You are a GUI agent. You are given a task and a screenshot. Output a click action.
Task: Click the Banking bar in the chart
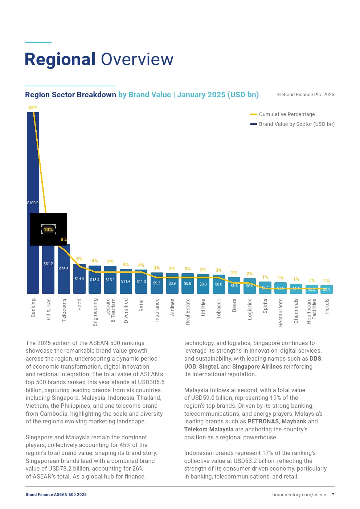click(x=33, y=163)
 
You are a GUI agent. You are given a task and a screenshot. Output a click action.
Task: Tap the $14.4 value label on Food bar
click(x=79, y=279)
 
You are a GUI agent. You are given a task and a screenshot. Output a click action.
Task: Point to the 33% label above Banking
click(x=33, y=108)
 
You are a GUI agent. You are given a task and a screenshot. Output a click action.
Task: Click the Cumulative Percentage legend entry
click(x=287, y=114)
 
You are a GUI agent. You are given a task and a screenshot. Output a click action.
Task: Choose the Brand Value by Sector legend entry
click(x=296, y=124)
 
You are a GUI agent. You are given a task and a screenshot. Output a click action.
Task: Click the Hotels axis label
click(x=327, y=306)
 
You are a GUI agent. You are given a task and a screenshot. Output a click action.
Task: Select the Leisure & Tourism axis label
click(x=110, y=311)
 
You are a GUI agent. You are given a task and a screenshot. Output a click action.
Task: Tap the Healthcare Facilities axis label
click(x=311, y=311)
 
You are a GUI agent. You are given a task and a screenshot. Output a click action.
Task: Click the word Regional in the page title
click(x=60, y=59)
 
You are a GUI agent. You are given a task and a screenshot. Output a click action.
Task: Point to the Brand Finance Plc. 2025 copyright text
click(x=306, y=95)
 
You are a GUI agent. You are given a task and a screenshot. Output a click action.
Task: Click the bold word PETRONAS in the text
click(x=263, y=422)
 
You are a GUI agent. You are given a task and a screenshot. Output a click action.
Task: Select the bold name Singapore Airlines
click(x=257, y=366)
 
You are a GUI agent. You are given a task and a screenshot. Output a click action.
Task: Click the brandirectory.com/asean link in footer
click(x=299, y=495)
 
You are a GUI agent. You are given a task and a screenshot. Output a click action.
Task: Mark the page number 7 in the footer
click(x=333, y=495)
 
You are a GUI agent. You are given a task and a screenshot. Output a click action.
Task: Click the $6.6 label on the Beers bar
click(x=234, y=286)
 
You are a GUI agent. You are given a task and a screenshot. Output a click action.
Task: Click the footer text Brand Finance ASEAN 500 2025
click(x=56, y=494)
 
